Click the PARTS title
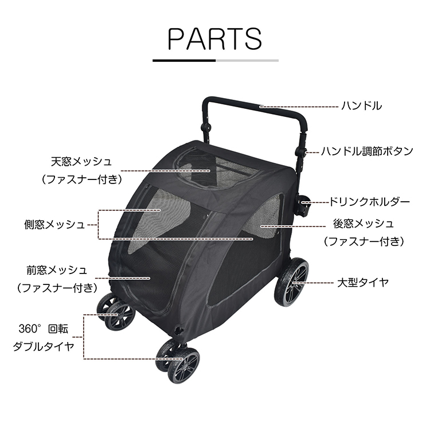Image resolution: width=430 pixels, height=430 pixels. tap(214, 38)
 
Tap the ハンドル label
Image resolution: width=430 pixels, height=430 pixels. tap(361, 106)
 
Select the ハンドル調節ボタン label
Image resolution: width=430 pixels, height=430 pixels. tap(367, 151)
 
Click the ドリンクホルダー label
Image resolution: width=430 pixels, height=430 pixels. tap(369, 202)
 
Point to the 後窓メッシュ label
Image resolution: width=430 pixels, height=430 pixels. tap(363, 224)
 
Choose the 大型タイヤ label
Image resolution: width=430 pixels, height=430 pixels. tap(363, 283)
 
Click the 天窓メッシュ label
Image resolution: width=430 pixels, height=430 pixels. tap(81, 162)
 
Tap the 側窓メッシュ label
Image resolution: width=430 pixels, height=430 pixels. tap(54, 225)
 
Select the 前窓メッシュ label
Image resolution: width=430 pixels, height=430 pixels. tap(57, 270)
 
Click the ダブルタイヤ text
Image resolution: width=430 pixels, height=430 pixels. tap(44, 347)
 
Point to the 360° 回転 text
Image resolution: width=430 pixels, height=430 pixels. tap(44, 329)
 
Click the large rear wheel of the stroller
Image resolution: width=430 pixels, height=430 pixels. tap(291, 282)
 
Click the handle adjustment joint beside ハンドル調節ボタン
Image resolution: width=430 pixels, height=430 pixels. tap(300, 152)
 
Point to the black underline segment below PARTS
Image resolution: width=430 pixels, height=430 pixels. tap(184, 60)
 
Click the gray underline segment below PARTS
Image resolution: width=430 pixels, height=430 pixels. tap(247, 60)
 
